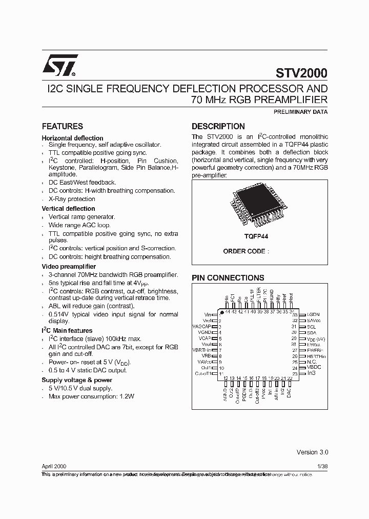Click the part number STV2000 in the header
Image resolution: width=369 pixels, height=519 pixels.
[302, 73]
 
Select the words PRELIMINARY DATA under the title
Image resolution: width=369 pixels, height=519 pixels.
[298, 112]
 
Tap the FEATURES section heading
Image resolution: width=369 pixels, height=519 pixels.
[62, 126]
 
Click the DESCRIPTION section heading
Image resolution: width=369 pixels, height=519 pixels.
[218, 126]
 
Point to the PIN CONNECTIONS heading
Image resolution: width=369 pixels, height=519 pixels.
[228, 277]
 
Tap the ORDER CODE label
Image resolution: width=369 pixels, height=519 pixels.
[244, 251]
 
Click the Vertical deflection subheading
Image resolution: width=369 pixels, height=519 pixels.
[68, 209]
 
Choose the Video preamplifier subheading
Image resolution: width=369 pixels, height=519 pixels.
[69, 267]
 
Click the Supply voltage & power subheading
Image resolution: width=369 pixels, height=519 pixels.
[76, 380]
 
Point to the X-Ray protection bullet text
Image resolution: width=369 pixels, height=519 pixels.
[72, 199]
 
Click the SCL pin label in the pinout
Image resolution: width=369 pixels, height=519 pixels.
[311, 327]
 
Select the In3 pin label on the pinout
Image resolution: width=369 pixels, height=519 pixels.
[311, 373]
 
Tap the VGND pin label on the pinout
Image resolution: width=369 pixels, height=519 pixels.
[204, 332]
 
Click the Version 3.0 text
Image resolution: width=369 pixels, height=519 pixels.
[312, 452]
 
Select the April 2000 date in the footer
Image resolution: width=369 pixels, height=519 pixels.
[53, 467]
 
